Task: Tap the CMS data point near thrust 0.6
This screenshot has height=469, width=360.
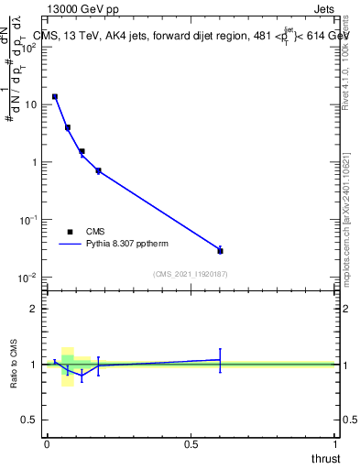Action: pyautogui.click(x=220, y=250)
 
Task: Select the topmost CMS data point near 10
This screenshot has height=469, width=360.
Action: pyautogui.click(x=55, y=96)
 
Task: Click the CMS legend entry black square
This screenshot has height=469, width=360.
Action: pyautogui.click(x=70, y=232)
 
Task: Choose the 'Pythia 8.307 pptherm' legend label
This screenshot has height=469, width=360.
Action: pyautogui.click(x=126, y=245)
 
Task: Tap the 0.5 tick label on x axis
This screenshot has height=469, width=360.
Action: pyautogui.click(x=191, y=444)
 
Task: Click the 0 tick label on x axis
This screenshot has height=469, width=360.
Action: pyautogui.click(x=47, y=444)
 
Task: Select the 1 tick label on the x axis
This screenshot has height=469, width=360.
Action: pyautogui.click(x=335, y=444)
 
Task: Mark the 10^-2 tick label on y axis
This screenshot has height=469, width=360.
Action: pyautogui.click(x=28, y=277)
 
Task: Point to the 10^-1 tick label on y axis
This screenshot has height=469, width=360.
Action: pyautogui.click(x=28, y=220)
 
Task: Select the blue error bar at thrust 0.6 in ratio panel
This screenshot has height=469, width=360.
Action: pyautogui.click(x=220, y=360)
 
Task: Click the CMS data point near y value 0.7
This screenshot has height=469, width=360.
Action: pyautogui.click(x=98, y=170)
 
